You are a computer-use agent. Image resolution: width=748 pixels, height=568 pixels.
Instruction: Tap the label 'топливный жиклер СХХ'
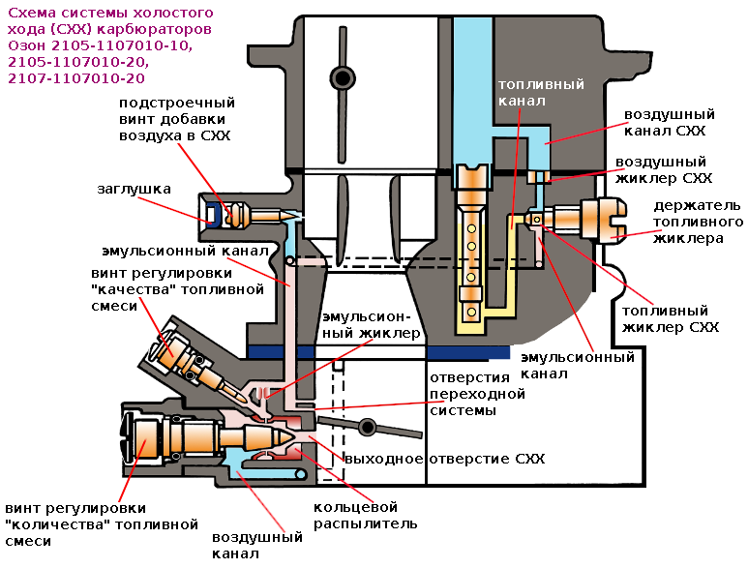670,319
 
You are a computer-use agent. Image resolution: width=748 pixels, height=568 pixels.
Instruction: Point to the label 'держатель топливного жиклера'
696,222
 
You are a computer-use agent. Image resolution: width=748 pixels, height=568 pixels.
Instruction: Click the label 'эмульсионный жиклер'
372,324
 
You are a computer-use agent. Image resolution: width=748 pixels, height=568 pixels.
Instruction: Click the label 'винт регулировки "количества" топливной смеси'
77,524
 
